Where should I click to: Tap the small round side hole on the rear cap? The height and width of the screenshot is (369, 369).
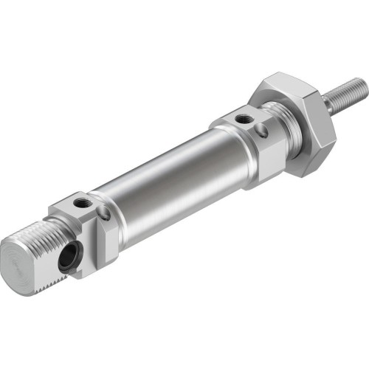pyautogui.click(x=105, y=215)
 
